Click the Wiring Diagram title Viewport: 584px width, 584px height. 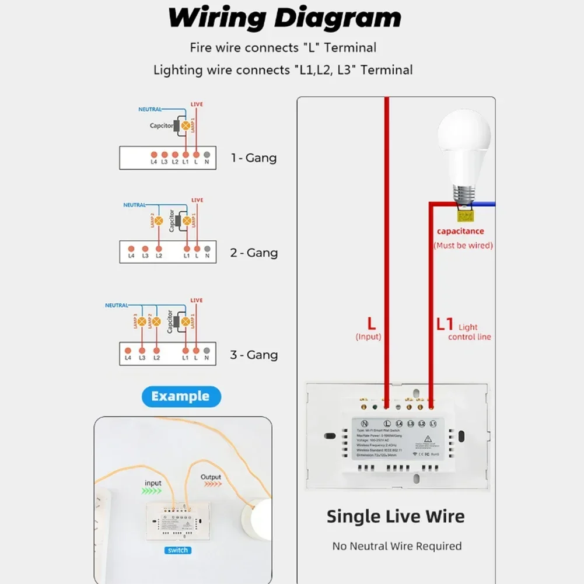[x=284, y=18]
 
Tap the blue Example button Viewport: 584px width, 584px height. [x=180, y=397]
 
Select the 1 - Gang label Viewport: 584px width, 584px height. [x=253, y=158]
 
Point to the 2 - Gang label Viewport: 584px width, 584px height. [x=253, y=253]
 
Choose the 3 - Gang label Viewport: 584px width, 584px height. [x=253, y=355]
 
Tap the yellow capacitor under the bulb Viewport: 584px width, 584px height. [x=465, y=216]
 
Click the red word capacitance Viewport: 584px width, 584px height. [x=460, y=232]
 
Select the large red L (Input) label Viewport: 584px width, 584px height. [x=371, y=323]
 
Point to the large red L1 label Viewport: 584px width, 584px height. [x=445, y=324]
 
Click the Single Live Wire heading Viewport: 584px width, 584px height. [x=395, y=516]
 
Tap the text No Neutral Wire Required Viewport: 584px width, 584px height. [x=397, y=547]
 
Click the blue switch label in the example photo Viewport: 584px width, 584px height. [x=177, y=550]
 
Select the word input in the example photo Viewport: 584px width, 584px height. [x=153, y=483]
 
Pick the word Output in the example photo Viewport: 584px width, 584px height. [x=211, y=477]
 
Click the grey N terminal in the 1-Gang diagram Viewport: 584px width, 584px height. [x=207, y=155]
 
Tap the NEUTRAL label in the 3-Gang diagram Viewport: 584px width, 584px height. [x=117, y=306]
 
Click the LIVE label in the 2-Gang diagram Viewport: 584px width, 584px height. [x=197, y=201]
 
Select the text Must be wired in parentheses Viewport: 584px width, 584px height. [x=463, y=246]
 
